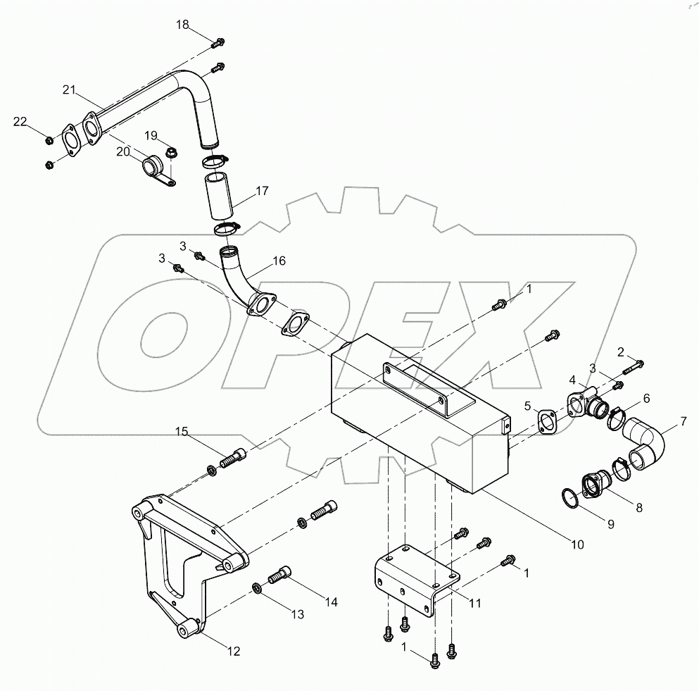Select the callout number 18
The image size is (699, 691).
(182, 25)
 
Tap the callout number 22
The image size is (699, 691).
(21, 123)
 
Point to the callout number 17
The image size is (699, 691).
(262, 190)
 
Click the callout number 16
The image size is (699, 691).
(279, 261)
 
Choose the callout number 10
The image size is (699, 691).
(577, 544)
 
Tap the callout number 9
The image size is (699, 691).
(610, 523)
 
